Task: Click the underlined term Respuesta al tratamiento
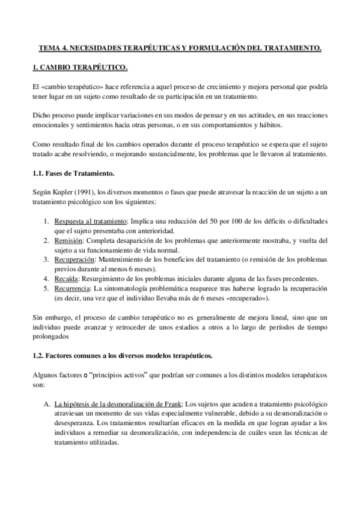(91, 221)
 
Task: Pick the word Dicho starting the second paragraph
(42, 115)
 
